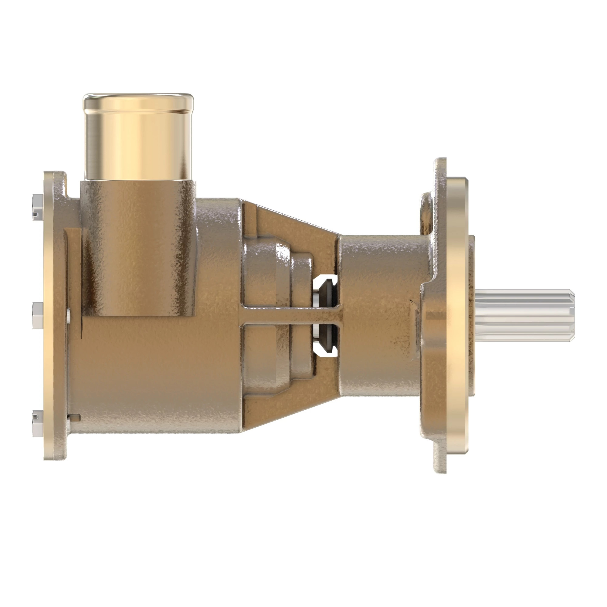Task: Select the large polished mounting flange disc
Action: coord(456,314)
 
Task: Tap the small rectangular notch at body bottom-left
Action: coord(75,418)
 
